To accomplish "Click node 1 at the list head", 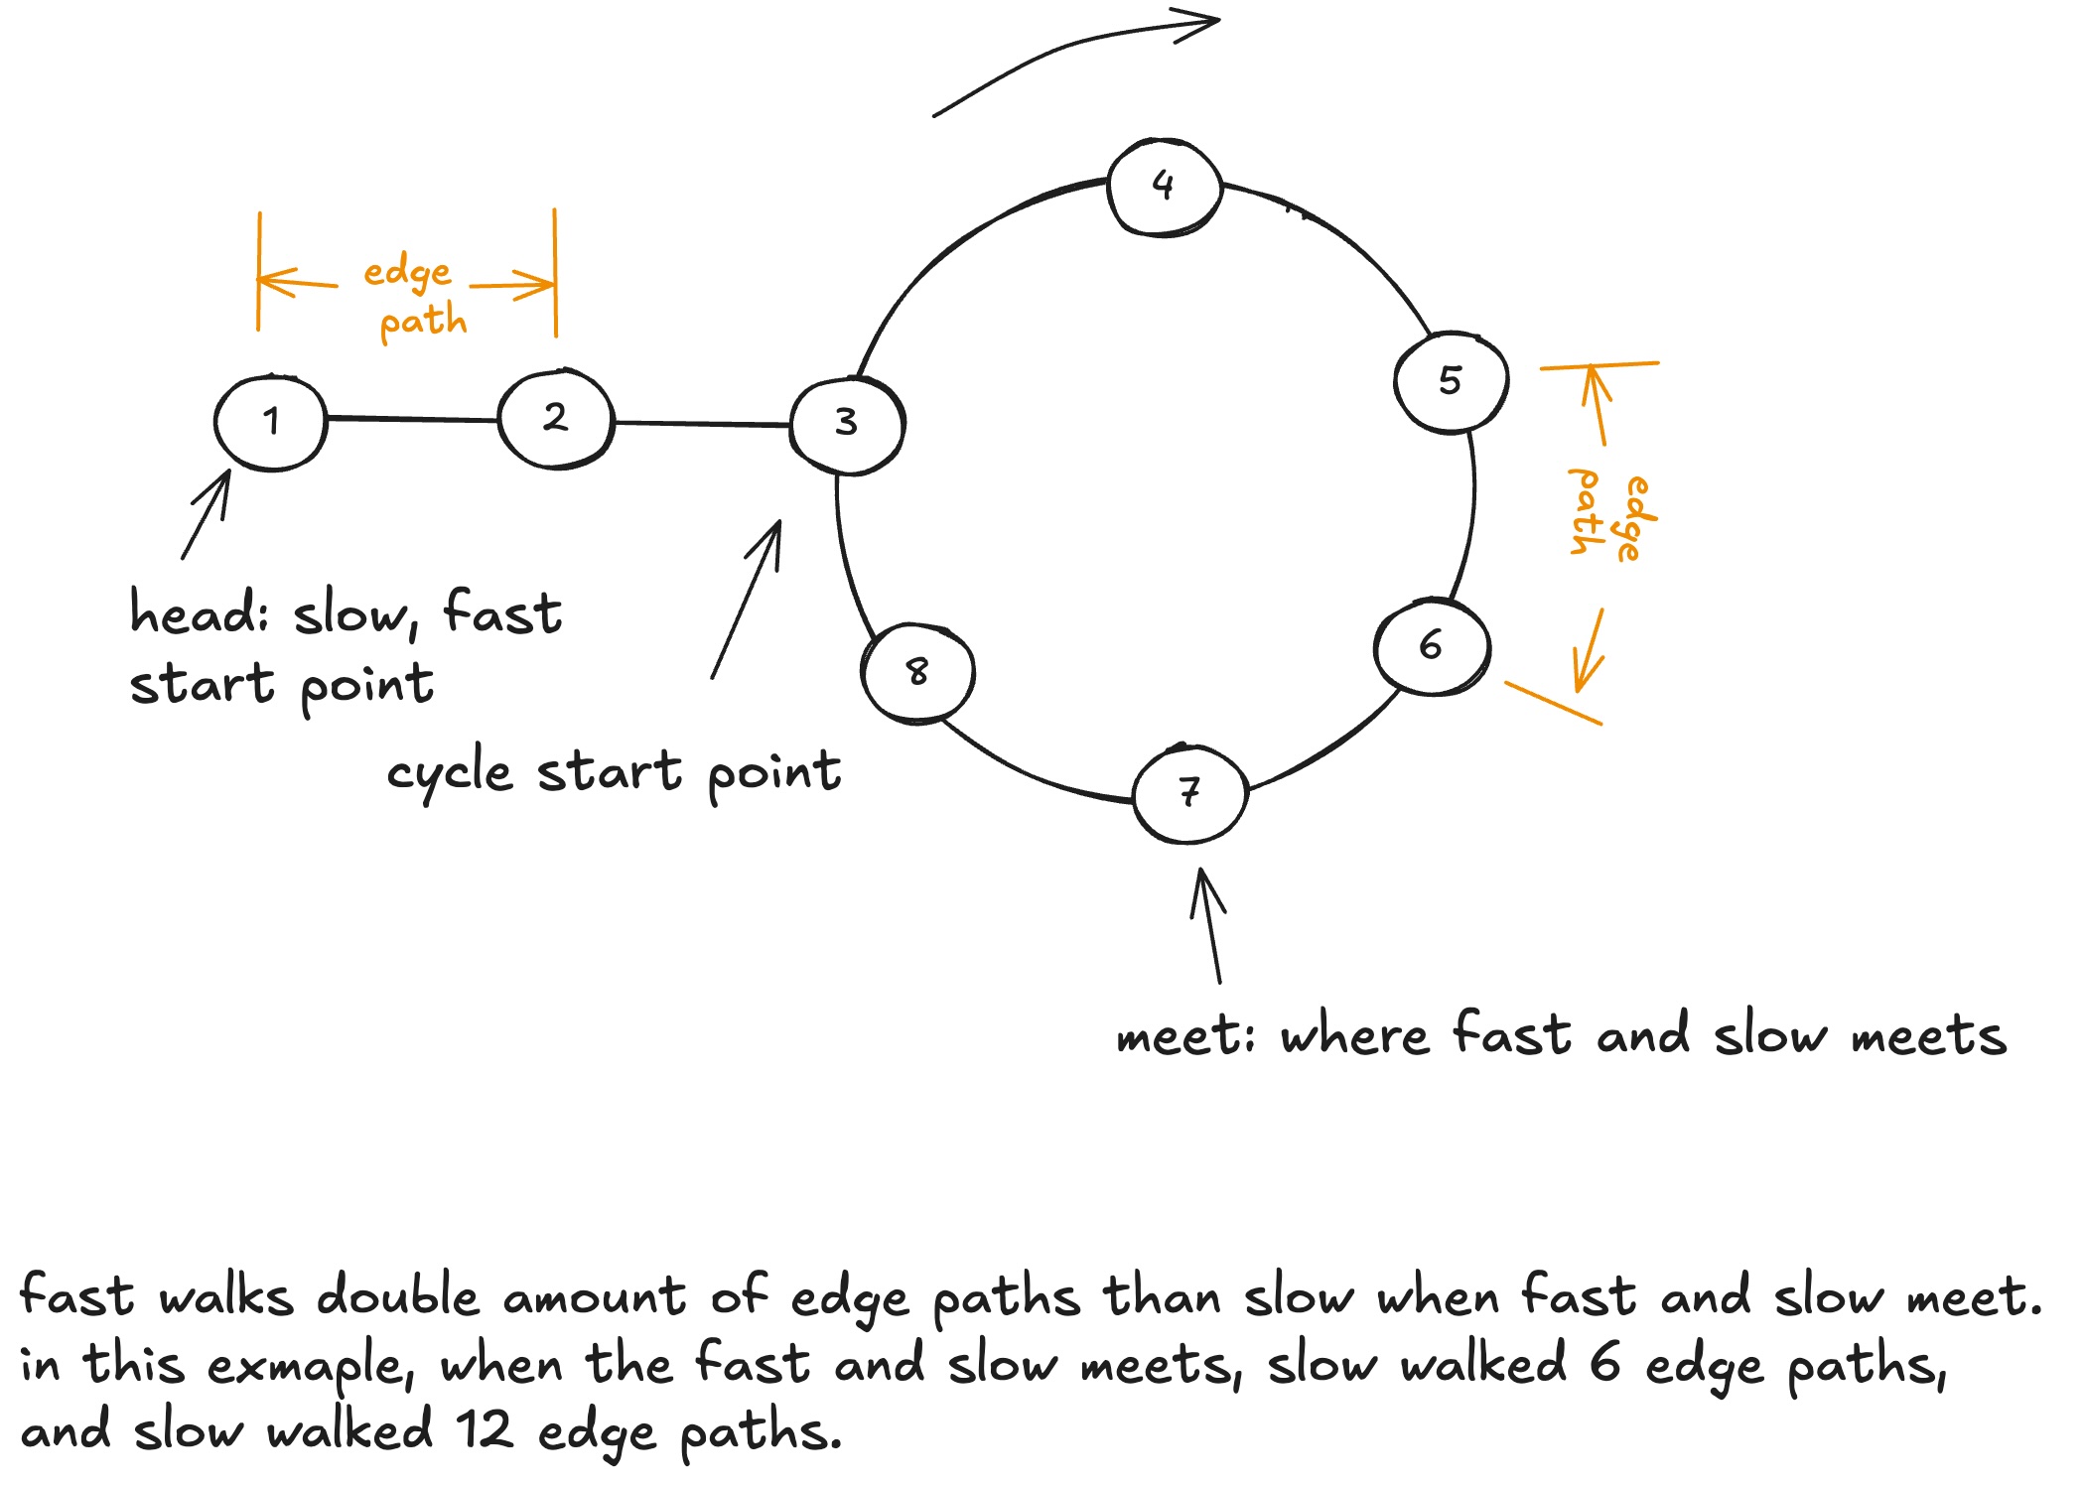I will pyautogui.click(x=270, y=423).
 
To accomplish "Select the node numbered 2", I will pyautogui.click(x=556, y=418).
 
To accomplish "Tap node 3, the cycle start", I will pyautogui.click(x=847, y=424).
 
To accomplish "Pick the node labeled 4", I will pyautogui.click(x=1164, y=187).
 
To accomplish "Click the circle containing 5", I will pyautogui.click(x=1452, y=381).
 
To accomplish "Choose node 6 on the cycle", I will pyautogui.click(x=1432, y=646).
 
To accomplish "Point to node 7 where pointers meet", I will pyautogui.click(x=1189, y=793).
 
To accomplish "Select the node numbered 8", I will pyautogui.click(x=918, y=673).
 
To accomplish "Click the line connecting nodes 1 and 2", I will pyautogui.click(x=412, y=420).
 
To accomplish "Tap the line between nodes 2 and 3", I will pyautogui.click(x=703, y=424).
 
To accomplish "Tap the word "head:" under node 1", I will pyautogui.click(x=199, y=612).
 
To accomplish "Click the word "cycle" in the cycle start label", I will pyautogui.click(x=450, y=773).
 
